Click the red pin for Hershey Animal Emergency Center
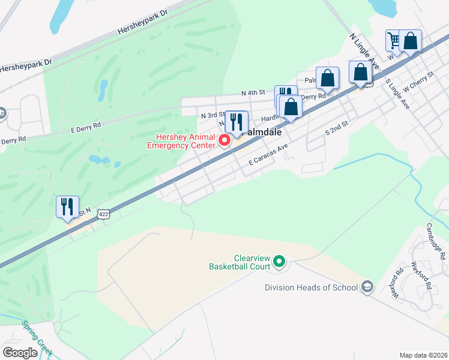click(x=225, y=141)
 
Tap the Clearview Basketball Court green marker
click(x=279, y=261)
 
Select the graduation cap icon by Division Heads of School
click(x=367, y=287)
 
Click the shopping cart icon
click(x=394, y=41)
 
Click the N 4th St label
click(x=253, y=93)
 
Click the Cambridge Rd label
click(x=436, y=241)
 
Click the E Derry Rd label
click(x=86, y=126)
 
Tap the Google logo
click(x=20, y=353)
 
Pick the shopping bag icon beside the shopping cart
click(x=411, y=41)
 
